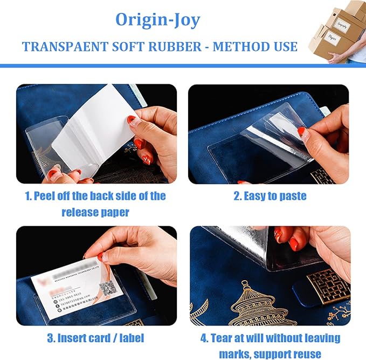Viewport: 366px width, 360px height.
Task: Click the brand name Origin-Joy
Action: (x=157, y=20)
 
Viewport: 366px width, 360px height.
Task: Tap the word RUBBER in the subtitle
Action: (x=175, y=46)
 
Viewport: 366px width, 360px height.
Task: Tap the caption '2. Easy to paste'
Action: (x=270, y=196)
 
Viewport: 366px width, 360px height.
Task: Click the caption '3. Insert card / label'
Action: (x=96, y=338)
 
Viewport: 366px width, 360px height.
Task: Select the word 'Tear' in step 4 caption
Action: (x=226, y=338)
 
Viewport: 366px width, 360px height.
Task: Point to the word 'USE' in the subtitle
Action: (x=284, y=46)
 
